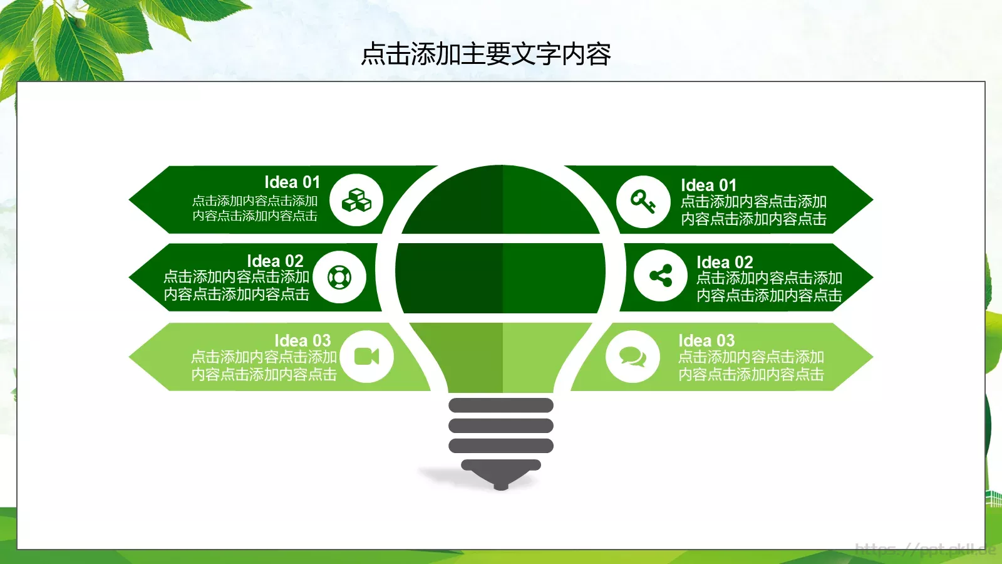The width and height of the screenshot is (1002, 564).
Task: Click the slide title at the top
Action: (486, 55)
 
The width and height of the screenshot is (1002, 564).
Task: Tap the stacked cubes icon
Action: (356, 201)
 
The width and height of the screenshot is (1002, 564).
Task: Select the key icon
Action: (643, 202)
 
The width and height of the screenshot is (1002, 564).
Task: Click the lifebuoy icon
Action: (339, 277)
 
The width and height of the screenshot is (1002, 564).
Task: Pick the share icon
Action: (661, 276)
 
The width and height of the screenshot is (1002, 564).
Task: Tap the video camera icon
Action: (367, 357)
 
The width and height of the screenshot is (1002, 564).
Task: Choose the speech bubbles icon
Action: (633, 357)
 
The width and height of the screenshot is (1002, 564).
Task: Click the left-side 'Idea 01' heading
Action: (292, 182)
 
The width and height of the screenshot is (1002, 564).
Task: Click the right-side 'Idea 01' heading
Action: (708, 185)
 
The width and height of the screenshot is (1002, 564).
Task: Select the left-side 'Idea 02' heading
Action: (275, 261)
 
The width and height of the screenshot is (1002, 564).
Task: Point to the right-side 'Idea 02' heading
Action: (725, 263)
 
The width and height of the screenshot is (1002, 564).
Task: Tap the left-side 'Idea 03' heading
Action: (302, 341)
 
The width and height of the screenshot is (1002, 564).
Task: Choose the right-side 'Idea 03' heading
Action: (706, 341)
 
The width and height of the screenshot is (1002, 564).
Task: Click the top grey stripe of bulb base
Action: (501, 405)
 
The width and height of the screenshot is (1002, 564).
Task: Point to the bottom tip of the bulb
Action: (501, 486)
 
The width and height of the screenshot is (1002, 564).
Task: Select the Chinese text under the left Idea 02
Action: (237, 286)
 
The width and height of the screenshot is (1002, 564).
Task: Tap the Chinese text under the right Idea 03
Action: (751, 366)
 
